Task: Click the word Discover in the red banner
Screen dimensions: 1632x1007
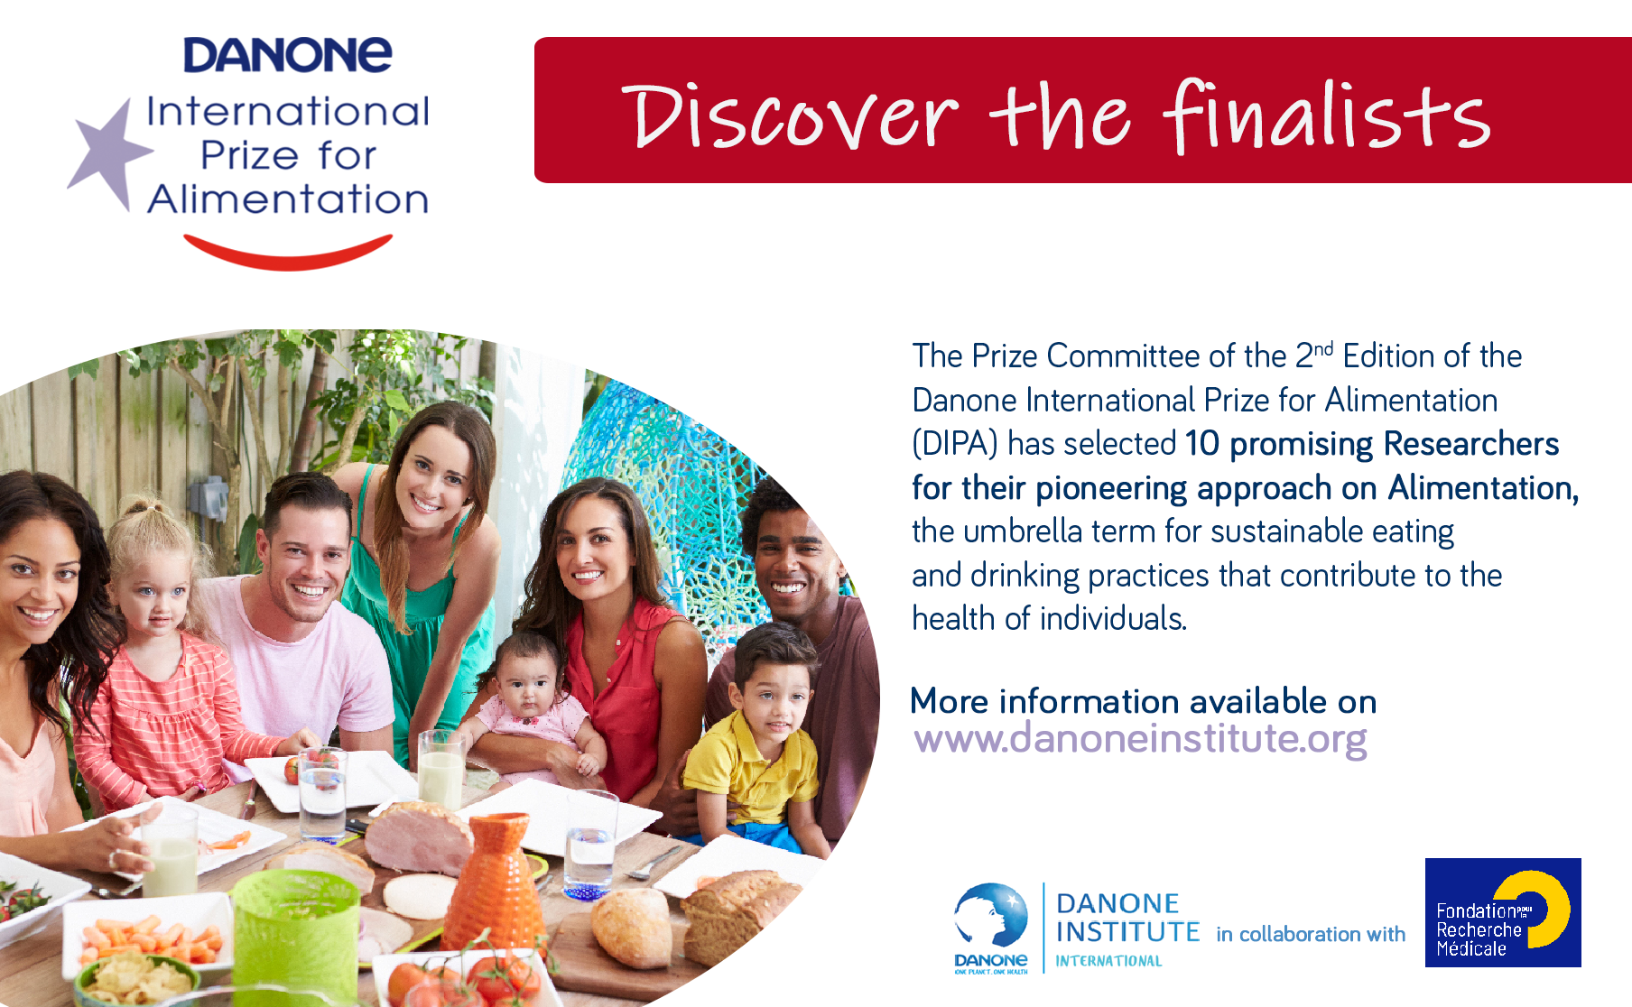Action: click(x=789, y=117)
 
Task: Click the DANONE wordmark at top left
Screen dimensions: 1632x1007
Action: click(x=288, y=55)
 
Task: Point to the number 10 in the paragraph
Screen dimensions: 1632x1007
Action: click(x=1201, y=444)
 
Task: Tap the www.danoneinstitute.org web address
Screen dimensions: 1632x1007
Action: click(x=1140, y=739)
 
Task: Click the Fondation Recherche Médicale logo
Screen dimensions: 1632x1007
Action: click(x=1503, y=912)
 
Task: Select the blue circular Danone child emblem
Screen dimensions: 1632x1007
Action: click(x=991, y=916)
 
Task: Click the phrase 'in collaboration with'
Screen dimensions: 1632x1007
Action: click(x=1311, y=934)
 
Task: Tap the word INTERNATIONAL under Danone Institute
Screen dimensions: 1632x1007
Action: click(x=1108, y=961)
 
